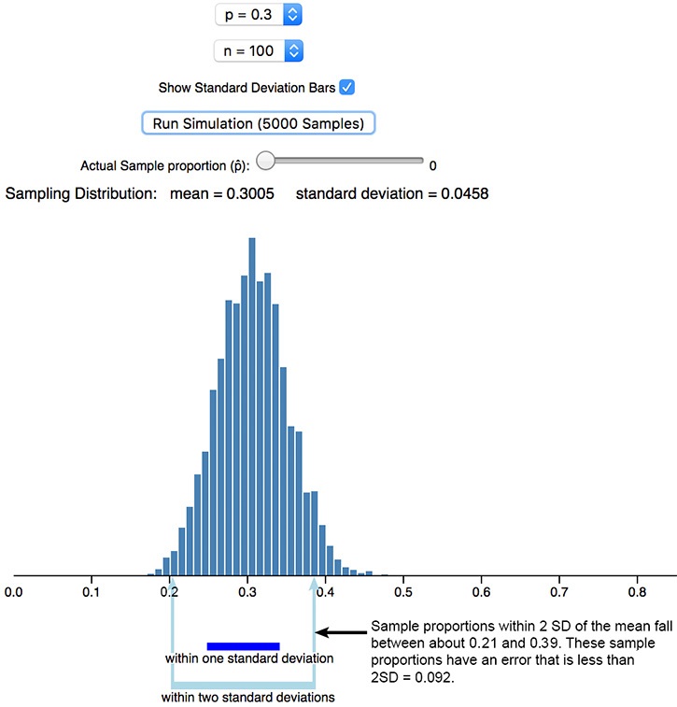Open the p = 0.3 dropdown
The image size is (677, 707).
point(259,15)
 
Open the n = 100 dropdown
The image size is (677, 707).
point(259,51)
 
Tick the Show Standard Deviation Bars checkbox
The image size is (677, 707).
point(347,87)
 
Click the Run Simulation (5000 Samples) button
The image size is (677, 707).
point(259,123)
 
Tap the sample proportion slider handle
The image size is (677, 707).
point(266,161)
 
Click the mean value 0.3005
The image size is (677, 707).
point(250,194)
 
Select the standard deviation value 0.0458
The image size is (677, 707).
point(465,194)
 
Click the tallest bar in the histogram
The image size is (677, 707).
point(252,406)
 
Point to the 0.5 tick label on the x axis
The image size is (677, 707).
point(403,592)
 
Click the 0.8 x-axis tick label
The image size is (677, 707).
point(637,592)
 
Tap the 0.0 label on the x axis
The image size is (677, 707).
point(13,592)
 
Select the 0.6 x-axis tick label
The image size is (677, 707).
point(481,592)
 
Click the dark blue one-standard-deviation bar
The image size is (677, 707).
point(244,646)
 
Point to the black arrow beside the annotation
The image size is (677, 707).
point(341,632)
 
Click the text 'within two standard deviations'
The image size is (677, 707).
point(247,697)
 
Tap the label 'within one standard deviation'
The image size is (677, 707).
point(249,658)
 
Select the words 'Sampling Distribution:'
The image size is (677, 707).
point(81,194)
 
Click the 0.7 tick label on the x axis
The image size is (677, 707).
point(559,592)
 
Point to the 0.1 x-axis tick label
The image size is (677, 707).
point(92,592)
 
